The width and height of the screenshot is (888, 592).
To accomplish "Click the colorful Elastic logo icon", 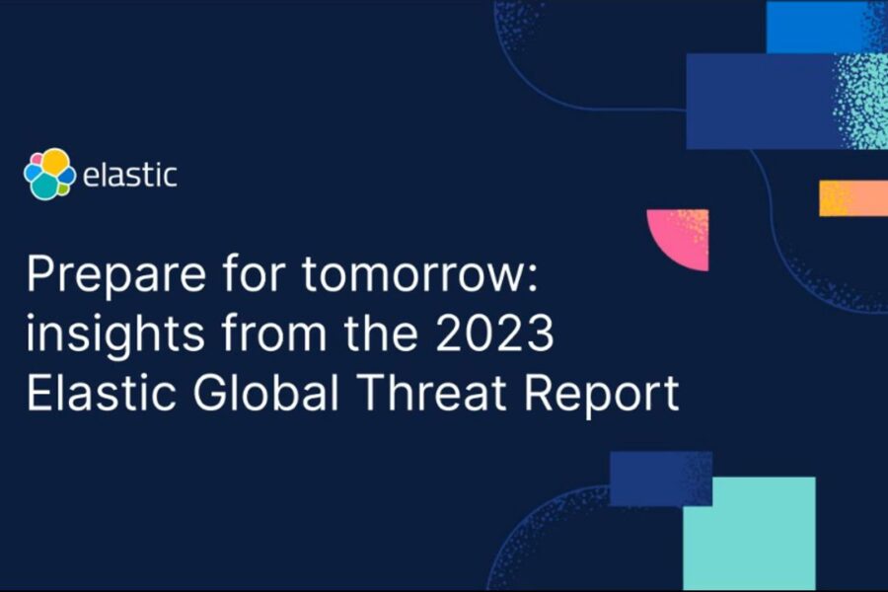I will click(49, 174).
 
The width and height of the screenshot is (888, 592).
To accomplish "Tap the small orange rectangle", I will click(852, 197).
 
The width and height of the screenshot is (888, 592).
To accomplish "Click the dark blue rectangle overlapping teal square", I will click(659, 478).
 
